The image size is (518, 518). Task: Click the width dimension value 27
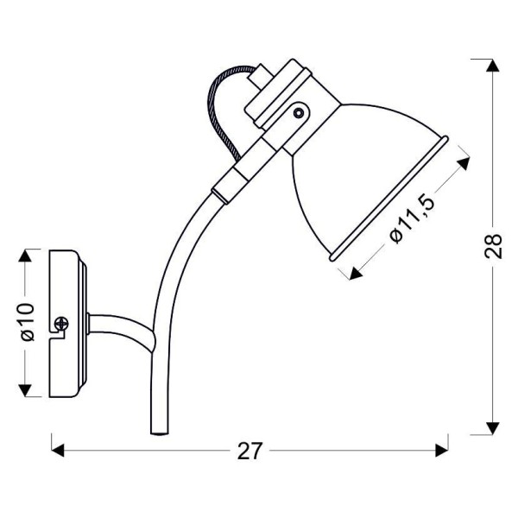tap(250, 450)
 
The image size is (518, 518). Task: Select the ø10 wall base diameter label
tap(26, 321)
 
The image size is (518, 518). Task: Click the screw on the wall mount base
tap(61, 325)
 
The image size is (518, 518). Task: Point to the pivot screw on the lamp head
tap(299, 111)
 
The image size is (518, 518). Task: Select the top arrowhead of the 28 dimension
tap(491, 66)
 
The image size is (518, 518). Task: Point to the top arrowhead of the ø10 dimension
tap(27, 256)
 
